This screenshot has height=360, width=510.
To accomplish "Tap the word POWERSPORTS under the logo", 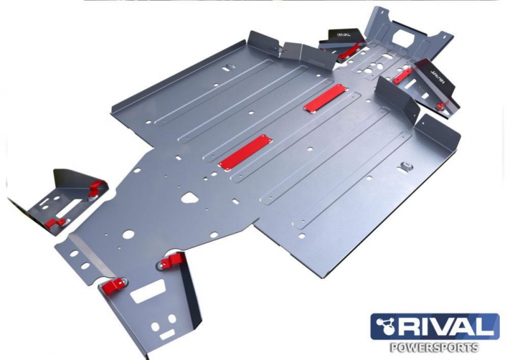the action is [434, 347].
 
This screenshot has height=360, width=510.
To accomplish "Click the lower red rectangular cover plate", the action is [245, 152].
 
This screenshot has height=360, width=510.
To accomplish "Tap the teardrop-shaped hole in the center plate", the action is [190, 198].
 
